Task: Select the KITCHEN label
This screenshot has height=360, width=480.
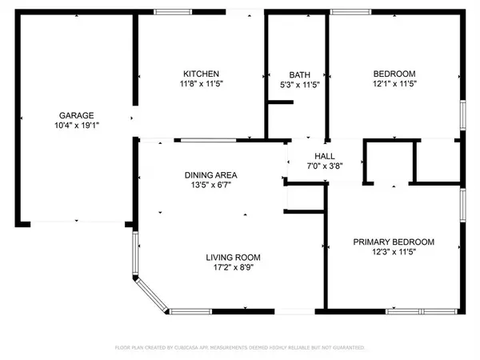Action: (197, 74)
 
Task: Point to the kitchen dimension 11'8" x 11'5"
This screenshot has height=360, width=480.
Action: (197, 84)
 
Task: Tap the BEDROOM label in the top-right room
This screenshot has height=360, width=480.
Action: (394, 74)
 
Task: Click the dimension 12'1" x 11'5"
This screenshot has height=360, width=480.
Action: (394, 84)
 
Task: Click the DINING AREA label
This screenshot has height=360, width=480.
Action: (211, 175)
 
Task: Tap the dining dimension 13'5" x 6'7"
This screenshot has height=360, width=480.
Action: (211, 186)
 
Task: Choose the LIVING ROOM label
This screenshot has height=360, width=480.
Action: (234, 258)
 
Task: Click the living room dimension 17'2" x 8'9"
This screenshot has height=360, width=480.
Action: (234, 268)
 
